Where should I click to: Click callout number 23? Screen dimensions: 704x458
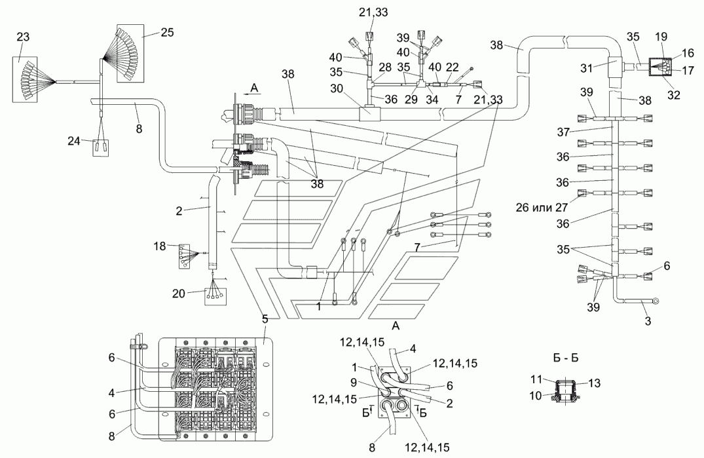pyautogui.click(x=23, y=37)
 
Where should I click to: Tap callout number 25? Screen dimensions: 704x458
pyautogui.click(x=167, y=32)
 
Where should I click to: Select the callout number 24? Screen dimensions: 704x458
pyautogui.click(x=74, y=141)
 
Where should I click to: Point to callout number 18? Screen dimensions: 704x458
pyautogui.click(x=160, y=246)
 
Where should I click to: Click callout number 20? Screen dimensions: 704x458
pyautogui.click(x=179, y=293)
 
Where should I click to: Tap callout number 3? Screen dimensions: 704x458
pyautogui.click(x=648, y=321)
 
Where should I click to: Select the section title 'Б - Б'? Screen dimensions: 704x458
pyautogui.click(x=565, y=358)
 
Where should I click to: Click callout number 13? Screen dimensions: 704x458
pyautogui.click(x=594, y=383)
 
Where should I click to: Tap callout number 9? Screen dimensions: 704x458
pyautogui.click(x=354, y=383)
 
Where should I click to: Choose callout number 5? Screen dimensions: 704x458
pyautogui.click(x=265, y=319)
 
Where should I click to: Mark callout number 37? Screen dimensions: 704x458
pyautogui.click(x=563, y=132)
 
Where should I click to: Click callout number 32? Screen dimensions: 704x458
pyautogui.click(x=674, y=95)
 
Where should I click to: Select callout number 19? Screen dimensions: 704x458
pyautogui.click(x=661, y=37)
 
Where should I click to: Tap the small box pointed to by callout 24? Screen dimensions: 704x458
pyautogui.click(x=101, y=147)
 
